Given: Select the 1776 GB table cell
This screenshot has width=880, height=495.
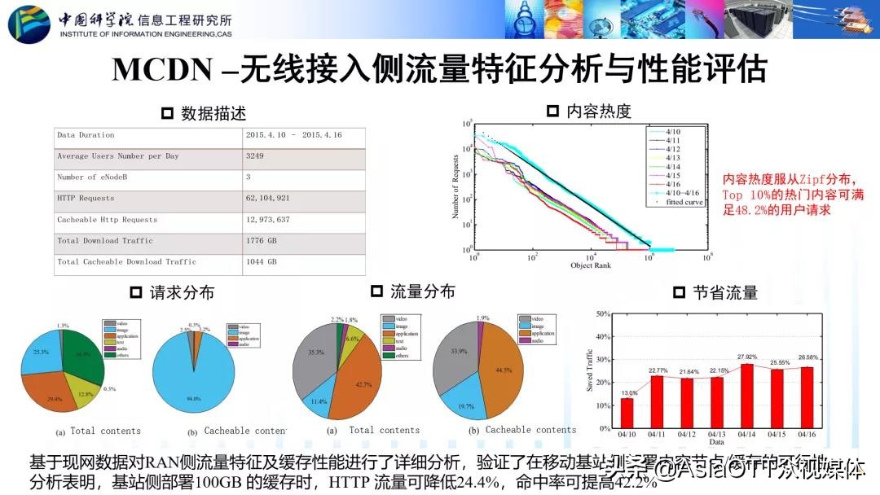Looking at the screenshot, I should (x=261, y=240).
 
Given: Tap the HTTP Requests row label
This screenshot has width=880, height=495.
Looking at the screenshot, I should (x=86, y=198).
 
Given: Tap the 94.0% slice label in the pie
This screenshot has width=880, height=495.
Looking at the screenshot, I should (x=194, y=398).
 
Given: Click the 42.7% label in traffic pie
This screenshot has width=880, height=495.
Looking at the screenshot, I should (x=363, y=383).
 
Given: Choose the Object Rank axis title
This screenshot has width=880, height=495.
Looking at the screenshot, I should (x=591, y=265).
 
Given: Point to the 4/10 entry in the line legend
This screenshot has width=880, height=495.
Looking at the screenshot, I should (x=673, y=130).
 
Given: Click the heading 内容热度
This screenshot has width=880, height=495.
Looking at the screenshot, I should (x=599, y=112).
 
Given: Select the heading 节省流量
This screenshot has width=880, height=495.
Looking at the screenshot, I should (x=724, y=291).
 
